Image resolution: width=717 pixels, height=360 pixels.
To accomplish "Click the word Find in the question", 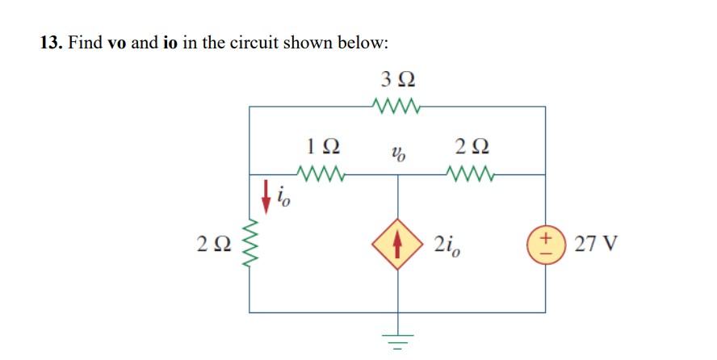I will pos(85,42).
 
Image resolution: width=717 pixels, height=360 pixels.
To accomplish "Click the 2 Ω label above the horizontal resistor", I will pos(472,148).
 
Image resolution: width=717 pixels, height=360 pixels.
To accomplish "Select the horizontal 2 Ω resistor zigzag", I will pos(471,173).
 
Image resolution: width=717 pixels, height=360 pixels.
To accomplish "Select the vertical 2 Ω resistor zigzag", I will pos(249,243).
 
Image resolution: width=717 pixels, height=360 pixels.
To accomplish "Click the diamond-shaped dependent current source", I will pos(396,242).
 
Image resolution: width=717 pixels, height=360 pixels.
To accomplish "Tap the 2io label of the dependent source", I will pos(447,243).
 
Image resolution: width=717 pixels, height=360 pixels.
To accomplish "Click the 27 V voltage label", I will pos(597,243).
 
